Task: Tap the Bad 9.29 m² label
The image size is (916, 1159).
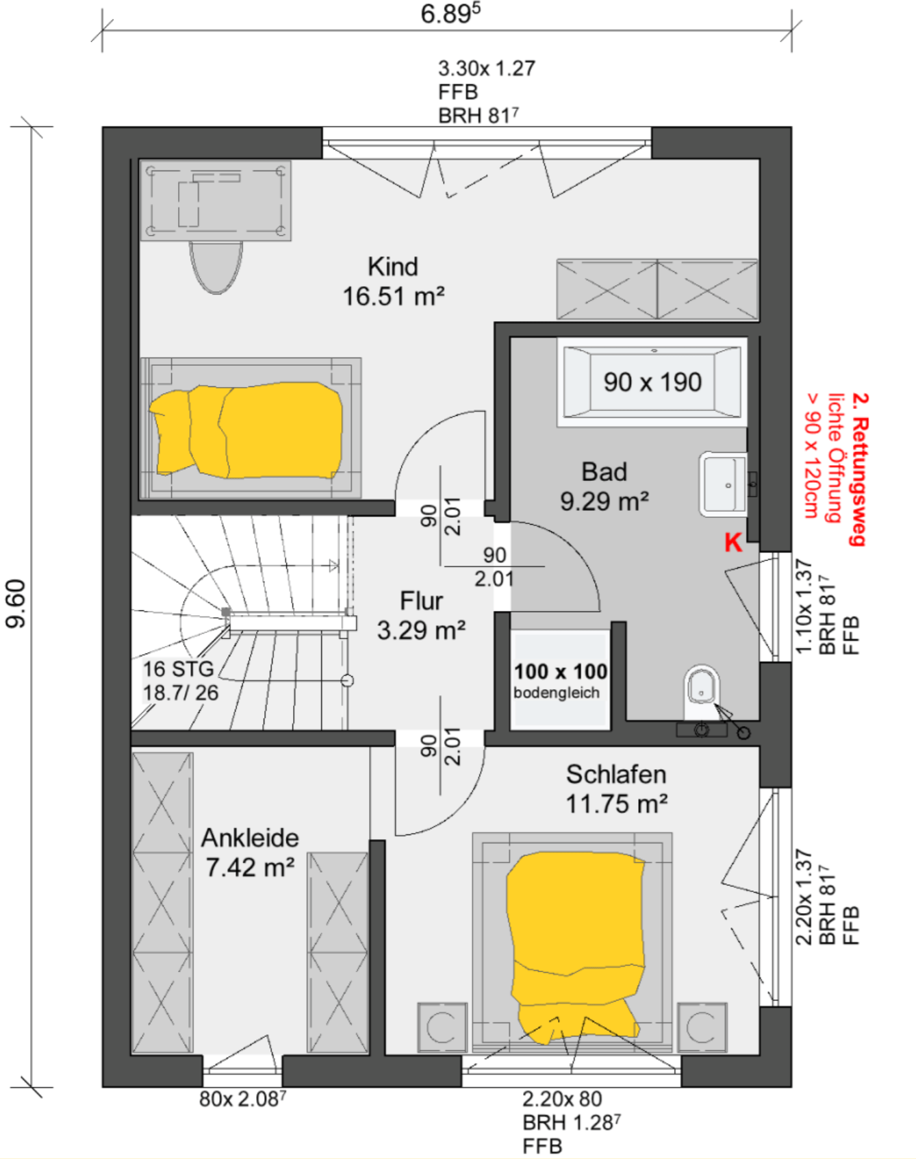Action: [605, 486]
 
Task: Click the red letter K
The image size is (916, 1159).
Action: [733, 543]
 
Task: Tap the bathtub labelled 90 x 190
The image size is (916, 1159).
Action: [652, 382]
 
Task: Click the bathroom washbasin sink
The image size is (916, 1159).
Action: [723, 484]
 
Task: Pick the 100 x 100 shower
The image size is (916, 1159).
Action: [560, 679]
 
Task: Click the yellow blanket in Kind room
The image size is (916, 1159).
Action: [246, 430]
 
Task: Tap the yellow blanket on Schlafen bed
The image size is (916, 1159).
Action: [575, 945]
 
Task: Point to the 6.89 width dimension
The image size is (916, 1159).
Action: [450, 14]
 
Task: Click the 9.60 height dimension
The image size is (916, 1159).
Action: [15, 603]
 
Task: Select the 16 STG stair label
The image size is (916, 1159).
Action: [179, 669]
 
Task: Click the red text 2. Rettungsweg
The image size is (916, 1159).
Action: [858, 469]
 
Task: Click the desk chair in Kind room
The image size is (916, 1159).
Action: [216, 267]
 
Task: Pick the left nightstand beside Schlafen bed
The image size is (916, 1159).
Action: [442, 1027]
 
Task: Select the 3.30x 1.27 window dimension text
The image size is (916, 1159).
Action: [487, 68]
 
